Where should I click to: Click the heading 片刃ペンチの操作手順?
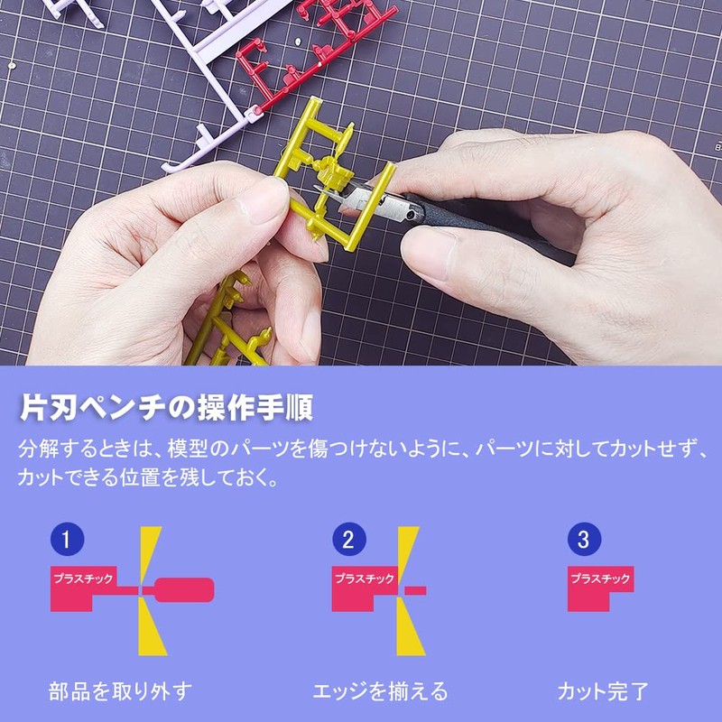(x=166, y=407)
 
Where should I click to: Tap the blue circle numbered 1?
(x=67, y=541)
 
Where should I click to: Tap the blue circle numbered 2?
(x=347, y=541)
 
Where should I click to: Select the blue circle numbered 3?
(x=583, y=541)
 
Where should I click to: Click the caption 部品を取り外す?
(x=120, y=692)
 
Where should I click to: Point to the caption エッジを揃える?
(x=380, y=692)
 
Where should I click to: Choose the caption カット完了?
(x=602, y=692)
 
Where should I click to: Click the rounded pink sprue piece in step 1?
(x=185, y=589)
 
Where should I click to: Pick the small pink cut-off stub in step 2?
(x=416, y=589)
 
